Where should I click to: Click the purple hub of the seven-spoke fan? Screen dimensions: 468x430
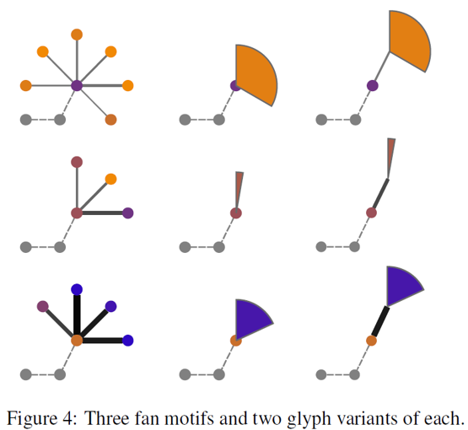(77, 86)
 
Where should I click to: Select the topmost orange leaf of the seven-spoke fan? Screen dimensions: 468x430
(77, 35)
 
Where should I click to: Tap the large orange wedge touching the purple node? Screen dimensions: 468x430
(256, 75)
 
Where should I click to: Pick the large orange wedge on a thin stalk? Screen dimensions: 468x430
(410, 41)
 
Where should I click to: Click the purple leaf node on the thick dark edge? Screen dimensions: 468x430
(127, 213)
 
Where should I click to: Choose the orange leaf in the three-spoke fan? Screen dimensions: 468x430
(110, 179)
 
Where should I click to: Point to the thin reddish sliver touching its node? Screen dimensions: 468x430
(239, 191)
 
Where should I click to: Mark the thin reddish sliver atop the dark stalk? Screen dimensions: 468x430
(391, 159)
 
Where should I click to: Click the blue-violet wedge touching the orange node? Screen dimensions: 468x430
(252, 319)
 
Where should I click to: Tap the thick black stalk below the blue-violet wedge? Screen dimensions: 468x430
(380, 322)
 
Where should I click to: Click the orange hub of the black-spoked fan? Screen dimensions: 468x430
(77, 341)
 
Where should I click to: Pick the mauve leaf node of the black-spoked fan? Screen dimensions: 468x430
(43, 306)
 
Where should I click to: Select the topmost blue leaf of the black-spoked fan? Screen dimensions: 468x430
(77, 289)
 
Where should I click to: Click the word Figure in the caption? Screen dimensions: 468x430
(32, 418)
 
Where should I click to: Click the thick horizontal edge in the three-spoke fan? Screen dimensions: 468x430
(102, 213)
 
